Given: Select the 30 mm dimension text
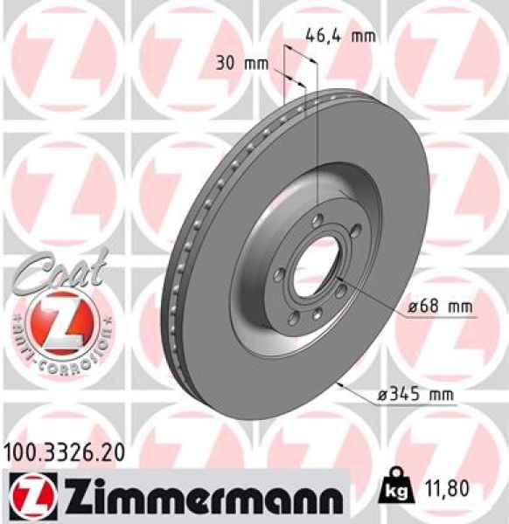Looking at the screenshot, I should click(241, 63).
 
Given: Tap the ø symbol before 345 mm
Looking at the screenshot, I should click(381, 395).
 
